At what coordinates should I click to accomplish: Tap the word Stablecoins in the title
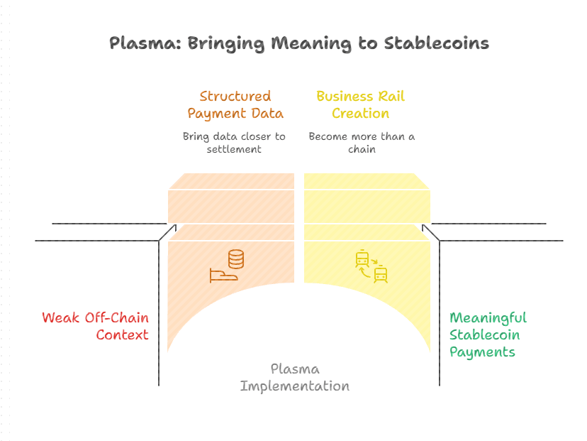click(x=436, y=43)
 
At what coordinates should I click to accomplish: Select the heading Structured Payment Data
click(x=235, y=104)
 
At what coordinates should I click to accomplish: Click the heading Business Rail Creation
click(x=361, y=104)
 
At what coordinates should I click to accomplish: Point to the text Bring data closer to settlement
click(x=235, y=142)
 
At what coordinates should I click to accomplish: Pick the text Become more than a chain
click(x=362, y=142)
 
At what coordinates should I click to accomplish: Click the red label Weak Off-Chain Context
click(x=96, y=326)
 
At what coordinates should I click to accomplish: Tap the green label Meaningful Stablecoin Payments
click(x=488, y=334)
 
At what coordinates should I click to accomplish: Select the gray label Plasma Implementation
click(x=295, y=378)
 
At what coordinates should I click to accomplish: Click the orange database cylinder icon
click(x=236, y=259)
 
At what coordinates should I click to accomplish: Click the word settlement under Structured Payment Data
click(x=235, y=148)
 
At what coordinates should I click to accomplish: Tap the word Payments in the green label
click(x=482, y=352)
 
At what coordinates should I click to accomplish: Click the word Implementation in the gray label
click(x=295, y=386)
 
